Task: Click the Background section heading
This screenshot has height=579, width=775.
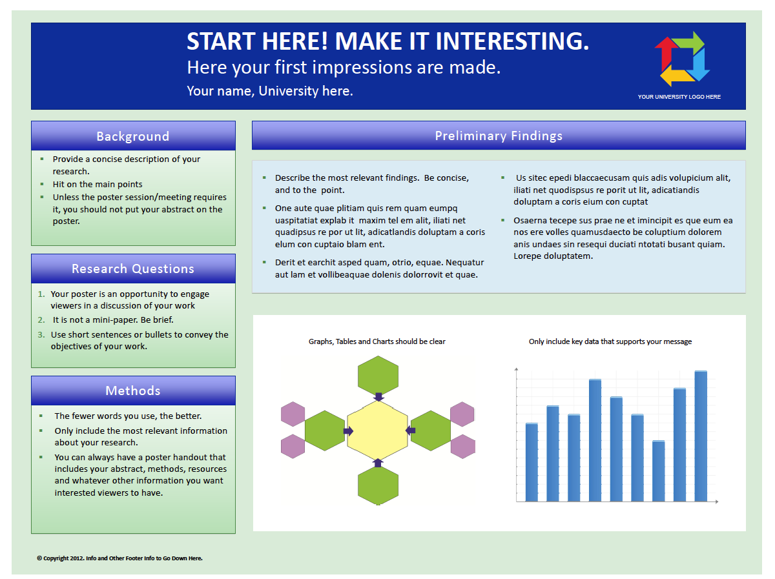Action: pos(133,136)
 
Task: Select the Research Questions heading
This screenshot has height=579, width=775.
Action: pos(133,269)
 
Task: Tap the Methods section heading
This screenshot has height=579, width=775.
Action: pos(133,391)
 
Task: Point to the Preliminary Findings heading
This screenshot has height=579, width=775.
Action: pos(498,136)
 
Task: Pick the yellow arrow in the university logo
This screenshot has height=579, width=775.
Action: pos(676,77)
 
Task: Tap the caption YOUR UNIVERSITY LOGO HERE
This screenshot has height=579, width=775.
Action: pos(679,97)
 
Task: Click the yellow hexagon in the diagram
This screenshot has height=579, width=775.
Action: pos(377,430)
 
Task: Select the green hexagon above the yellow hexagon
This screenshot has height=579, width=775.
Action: pos(378,375)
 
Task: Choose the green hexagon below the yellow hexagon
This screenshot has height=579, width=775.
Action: pos(378,485)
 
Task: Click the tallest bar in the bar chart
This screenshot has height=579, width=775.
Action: pos(701,436)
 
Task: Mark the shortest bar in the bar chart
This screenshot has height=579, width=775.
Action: pos(658,471)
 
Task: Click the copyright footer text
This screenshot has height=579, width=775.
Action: pos(119,558)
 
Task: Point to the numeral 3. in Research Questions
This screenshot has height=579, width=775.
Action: pos(41,334)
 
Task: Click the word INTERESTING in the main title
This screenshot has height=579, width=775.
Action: pos(512,41)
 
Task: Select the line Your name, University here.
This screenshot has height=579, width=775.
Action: pos(270,91)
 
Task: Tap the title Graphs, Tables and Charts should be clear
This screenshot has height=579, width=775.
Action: pos(377,341)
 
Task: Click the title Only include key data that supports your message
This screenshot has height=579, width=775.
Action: pos(610,341)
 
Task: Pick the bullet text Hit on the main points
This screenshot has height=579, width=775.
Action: pos(98,184)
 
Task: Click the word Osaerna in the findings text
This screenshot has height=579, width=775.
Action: pos(527,220)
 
